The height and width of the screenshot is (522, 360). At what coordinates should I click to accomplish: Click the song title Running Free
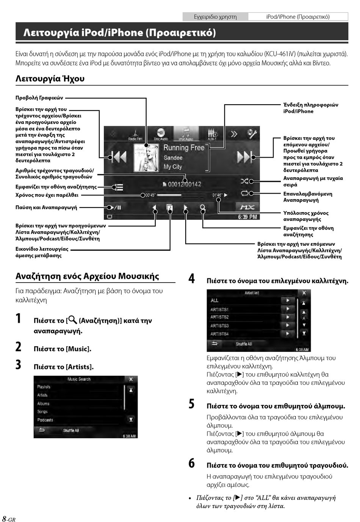click(x=184, y=148)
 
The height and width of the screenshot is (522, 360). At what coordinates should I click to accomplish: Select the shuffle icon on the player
click(x=245, y=181)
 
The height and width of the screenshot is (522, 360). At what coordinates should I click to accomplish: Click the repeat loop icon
click(x=245, y=193)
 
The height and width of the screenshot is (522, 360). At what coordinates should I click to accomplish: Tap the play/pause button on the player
click(x=114, y=207)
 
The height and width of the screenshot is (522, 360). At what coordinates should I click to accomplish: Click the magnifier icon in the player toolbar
click(x=203, y=208)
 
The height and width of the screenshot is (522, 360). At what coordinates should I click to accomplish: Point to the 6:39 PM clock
click(x=247, y=217)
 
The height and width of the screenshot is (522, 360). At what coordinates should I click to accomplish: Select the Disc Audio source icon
click(x=161, y=134)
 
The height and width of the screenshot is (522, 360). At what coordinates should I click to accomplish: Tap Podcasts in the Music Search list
click(x=45, y=420)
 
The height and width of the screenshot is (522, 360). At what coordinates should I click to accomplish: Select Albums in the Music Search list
click(x=43, y=403)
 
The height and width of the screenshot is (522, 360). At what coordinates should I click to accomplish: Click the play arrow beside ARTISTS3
click(x=288, y=325)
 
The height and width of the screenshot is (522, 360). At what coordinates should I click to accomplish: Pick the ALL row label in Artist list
click(x=214, y=300)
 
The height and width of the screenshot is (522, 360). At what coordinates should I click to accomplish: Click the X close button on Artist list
click(x=304, y=293)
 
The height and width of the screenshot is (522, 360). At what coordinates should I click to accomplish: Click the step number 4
click(x=192, y=279)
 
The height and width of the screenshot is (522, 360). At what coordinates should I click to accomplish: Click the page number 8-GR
click(x=9, y=519)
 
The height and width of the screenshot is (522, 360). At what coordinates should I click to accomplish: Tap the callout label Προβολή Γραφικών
click(x=39, y=98)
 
